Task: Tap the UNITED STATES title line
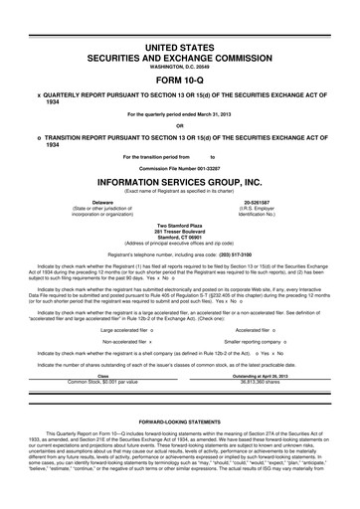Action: click(179, 48)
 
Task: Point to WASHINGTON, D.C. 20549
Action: click(179, 68)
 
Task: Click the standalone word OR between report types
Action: click(179, 125)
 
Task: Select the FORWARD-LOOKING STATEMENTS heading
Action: click(179, 435)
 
